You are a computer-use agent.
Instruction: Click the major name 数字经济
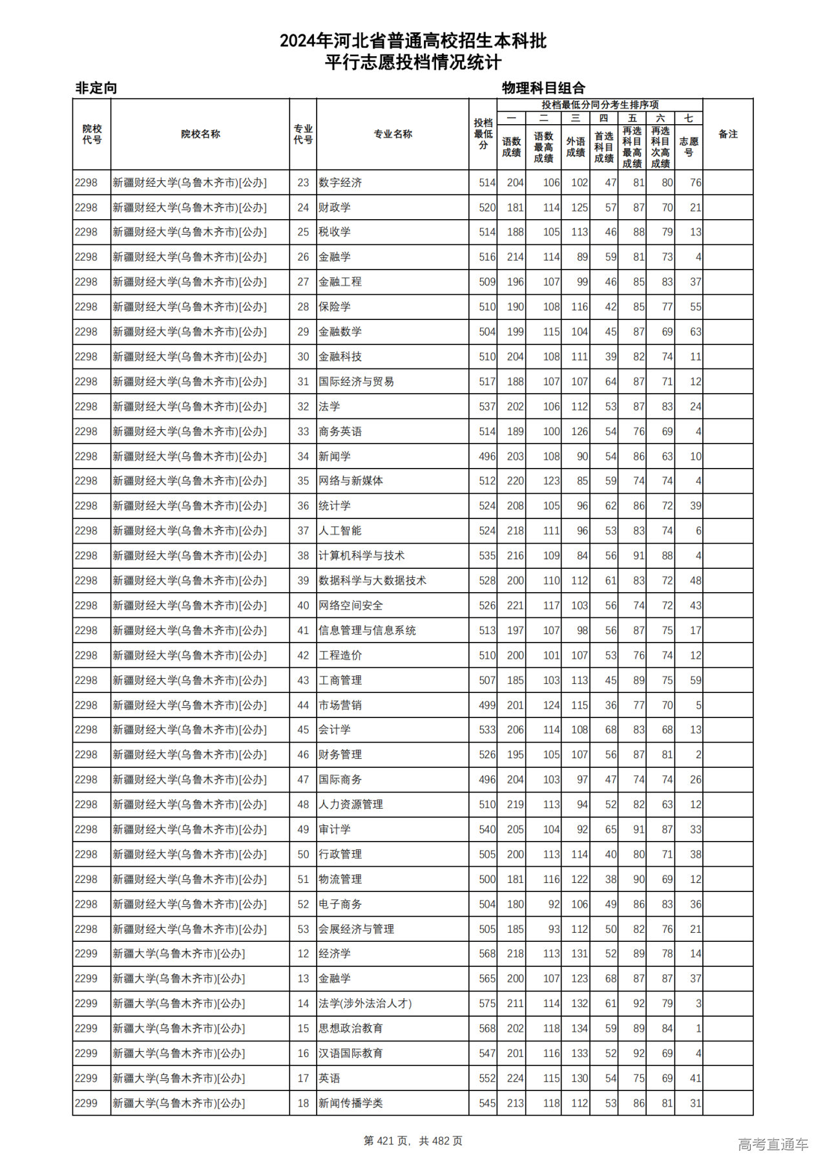(340, 183)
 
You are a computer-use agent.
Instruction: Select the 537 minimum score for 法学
(487, 407)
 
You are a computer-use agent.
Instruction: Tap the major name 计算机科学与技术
(361, 556)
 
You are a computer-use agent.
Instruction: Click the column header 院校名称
(200, 134)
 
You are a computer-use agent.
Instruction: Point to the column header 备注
(728, 134)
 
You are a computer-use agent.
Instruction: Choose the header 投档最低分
(483, 134)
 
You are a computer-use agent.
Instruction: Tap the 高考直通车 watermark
(773, 1144)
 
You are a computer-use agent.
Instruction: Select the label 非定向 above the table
(96, 88)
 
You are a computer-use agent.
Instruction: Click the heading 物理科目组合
(543, 88)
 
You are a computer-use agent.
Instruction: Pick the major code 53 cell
(303, 929)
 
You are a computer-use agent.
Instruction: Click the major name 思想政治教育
(350, 1028)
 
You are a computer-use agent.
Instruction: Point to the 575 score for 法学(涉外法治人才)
(487, 1004)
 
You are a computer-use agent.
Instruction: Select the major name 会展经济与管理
(356, 929)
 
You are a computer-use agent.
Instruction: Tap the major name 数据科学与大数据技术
(372, 580)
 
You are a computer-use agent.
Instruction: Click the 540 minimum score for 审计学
(487, 829)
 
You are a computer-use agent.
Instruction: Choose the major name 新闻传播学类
(350, 1103)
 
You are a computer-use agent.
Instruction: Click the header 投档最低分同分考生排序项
(600, 105)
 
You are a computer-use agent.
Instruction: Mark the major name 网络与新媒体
(350, 481)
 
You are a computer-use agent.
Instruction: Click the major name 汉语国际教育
(350, 1054)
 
